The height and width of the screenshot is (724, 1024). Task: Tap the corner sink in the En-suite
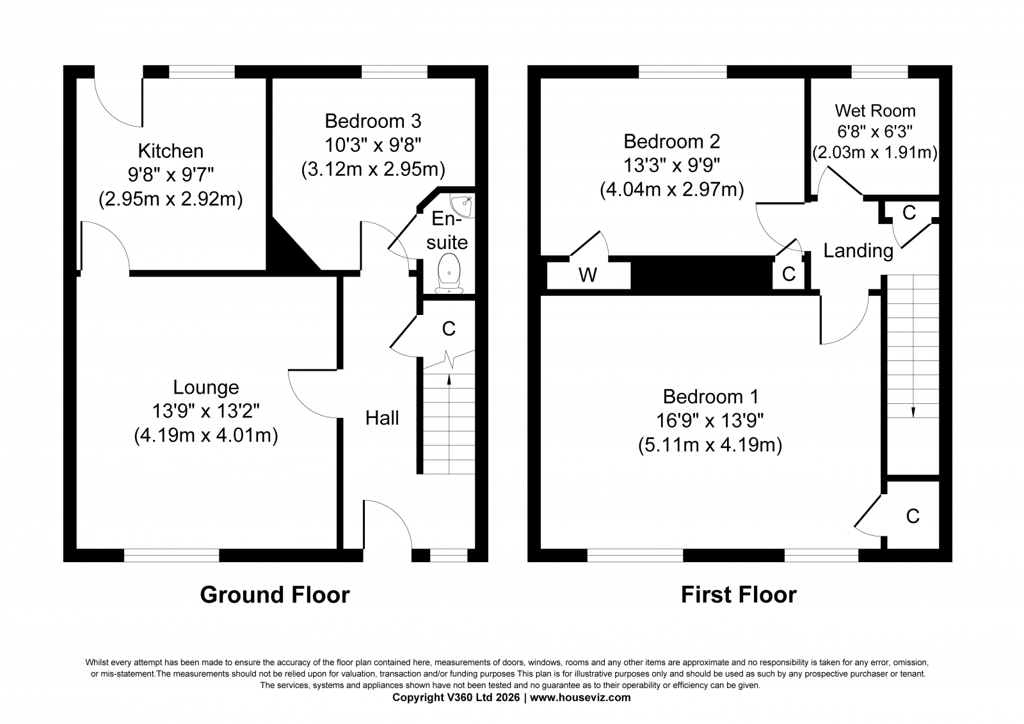coord(463,205)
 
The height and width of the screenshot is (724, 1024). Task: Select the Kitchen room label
coord(170,151)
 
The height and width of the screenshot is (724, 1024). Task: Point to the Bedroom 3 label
coord(373,121)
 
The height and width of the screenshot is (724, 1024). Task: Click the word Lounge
coord(205,388)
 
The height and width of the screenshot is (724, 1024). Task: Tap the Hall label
coord(381,418)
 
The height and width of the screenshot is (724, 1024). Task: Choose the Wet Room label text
coord(875,111)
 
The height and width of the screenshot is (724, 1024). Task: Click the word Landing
coord(858,251)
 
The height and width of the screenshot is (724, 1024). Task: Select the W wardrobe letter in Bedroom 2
coord(588,275)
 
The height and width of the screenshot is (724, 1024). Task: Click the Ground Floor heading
coord(275,595)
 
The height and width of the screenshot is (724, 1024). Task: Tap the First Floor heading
coord(739,595)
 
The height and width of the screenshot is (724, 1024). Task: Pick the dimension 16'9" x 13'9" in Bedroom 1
coord(710,421)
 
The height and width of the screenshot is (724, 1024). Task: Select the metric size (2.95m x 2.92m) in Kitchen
coord(170,200)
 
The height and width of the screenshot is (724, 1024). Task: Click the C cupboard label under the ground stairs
coord(449,329)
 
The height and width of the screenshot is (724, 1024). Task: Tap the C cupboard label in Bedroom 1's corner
coord(913,517)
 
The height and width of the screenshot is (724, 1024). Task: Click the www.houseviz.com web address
coord(580,698)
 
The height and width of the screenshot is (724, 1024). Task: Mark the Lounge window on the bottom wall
coord(172,555)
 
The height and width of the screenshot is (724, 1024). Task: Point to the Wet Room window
coord(879,72)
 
